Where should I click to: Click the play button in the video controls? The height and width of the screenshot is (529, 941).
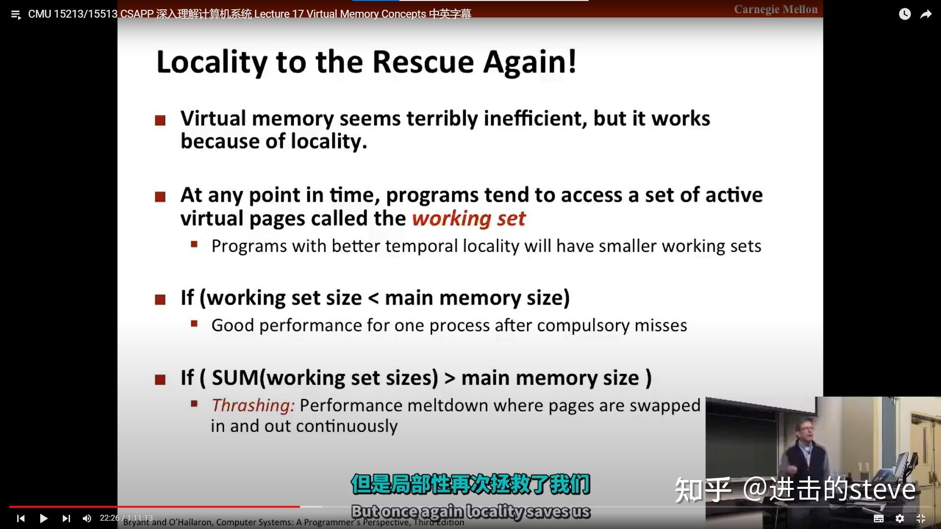click(44, 518)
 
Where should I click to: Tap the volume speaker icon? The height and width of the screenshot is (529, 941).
click(87, 518)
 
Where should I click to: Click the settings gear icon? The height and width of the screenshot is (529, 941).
click(900, 518)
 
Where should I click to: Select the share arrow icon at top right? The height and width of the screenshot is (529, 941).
click(926, 14)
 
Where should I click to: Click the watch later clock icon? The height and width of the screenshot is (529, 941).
click(905, 14)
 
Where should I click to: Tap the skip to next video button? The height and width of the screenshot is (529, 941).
click(66, 518)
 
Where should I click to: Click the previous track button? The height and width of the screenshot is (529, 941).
click(21, 518)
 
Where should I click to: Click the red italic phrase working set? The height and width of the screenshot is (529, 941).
click(469, 218)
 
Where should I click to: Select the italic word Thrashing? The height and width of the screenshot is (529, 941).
click(252, 406)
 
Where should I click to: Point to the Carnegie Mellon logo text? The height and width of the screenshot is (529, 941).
click(775, 9)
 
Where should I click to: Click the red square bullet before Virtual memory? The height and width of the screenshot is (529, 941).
click(160, 120)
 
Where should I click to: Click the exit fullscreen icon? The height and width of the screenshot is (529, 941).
click(921, 518)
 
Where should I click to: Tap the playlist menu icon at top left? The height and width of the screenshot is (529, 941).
click(16, 15)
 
